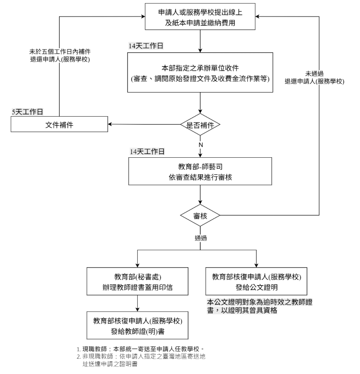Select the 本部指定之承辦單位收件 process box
[200, 73]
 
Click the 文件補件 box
[59, 125]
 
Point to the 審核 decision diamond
[200, 215]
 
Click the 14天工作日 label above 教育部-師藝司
[147, 151]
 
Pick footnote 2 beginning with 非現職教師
[141, 360]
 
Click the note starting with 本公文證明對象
[259, 306]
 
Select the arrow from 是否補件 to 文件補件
[143, 125]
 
